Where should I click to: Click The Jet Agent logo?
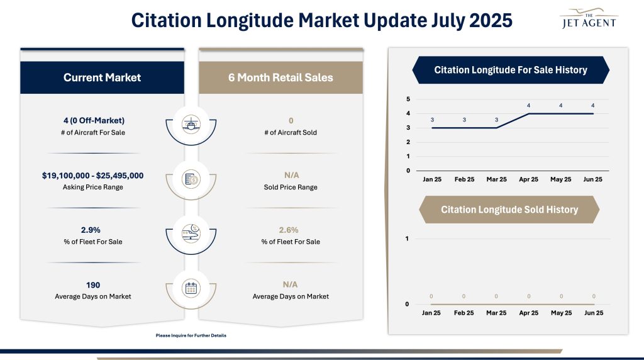(589, 19)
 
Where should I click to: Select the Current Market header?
(102, 77)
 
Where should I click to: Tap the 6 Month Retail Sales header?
(280, 77)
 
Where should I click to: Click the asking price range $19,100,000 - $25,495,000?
(92, 176)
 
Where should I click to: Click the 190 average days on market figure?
(93, 285)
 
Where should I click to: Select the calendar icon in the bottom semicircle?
(191, 288)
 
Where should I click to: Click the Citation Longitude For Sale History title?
(510, 70)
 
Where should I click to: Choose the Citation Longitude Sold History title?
(509, 209)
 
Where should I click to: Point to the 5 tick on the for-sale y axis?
(408, 99)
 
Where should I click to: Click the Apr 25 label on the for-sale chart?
(528, 179)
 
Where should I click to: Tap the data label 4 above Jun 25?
(592, 105)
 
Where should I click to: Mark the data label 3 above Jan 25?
(432, 120)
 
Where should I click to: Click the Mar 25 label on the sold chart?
(496, 313)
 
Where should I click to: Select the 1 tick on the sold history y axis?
(408, 239)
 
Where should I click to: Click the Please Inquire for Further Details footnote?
(191, 335)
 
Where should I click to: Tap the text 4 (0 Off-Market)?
(93, 120)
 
